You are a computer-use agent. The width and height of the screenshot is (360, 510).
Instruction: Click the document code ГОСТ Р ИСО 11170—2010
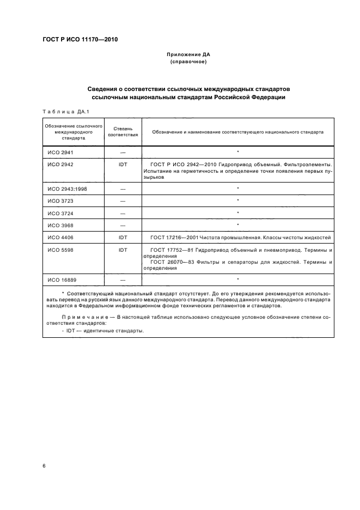coord(80,40)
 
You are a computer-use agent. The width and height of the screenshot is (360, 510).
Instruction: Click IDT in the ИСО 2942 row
coord(123,164)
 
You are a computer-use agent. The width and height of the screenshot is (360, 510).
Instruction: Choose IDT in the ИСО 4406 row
coord(123,238)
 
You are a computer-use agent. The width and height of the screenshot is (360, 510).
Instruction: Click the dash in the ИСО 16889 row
coord(123,280)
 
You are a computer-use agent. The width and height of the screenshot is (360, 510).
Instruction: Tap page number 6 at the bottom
coord(44,465)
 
